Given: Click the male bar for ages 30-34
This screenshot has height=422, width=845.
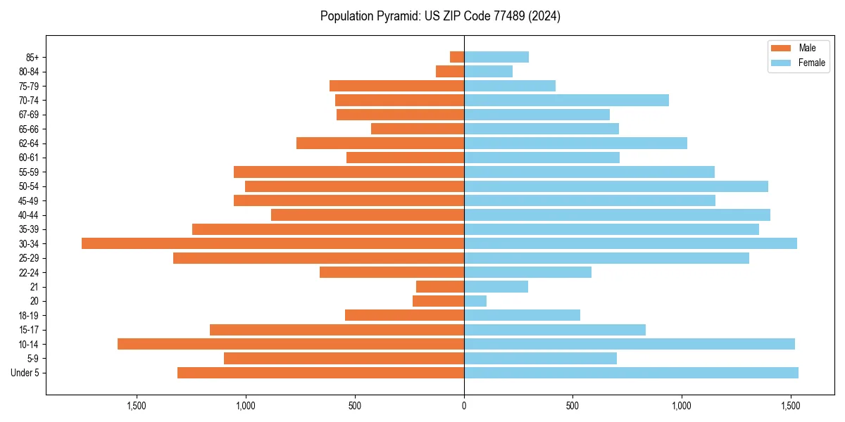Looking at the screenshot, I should [x=273, y=243].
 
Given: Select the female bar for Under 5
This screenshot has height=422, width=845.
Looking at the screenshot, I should [x=631, y=373].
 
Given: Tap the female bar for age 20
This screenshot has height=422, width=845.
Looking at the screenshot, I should [x=475, y=301].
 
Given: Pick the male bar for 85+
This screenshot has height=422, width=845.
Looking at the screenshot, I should [x=457, y=57].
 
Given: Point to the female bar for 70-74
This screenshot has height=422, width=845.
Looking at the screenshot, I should [x=566, y=100].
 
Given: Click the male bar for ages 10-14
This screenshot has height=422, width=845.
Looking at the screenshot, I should [x=291, y=344].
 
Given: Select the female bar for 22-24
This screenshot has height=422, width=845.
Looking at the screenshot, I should [x=527, y=272].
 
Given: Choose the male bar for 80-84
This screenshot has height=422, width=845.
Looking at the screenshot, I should [x=450, y=71].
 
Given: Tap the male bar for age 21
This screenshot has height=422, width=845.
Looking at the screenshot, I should [x=440, y=287].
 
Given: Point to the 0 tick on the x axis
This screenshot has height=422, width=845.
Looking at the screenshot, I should [x=464, y=407].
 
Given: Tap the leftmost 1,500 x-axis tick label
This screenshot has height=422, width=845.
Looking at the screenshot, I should [x=137, y=407].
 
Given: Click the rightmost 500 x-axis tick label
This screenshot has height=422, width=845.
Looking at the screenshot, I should [x=572, y=407].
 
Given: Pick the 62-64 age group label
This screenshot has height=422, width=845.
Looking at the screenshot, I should [x=29, y=143].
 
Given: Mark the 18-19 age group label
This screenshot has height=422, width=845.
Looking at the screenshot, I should [x=29, y=316].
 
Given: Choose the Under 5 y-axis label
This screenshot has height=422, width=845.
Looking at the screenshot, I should [x=25, y=373].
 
